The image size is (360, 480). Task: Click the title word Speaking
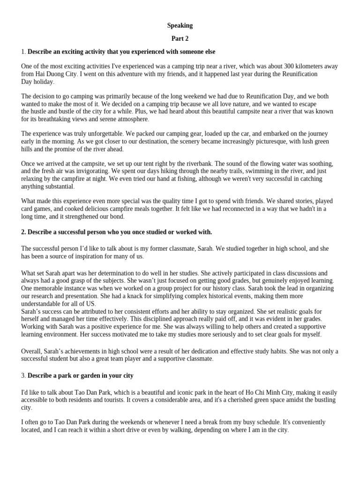(180, 25)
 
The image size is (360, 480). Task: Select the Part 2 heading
(180, 38)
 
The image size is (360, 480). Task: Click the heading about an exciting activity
(121, 51)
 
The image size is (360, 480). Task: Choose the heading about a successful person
(120, 232)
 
